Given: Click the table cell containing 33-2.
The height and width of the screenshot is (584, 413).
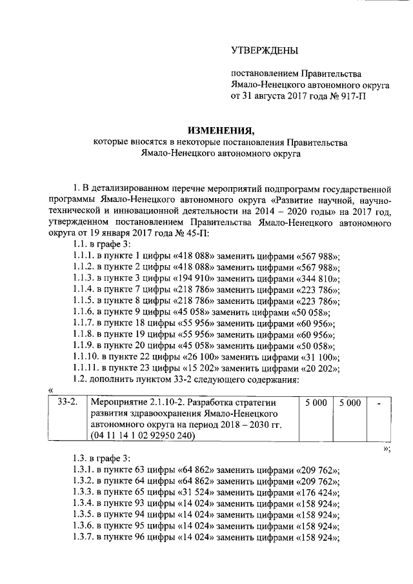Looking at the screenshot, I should (67, 402).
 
